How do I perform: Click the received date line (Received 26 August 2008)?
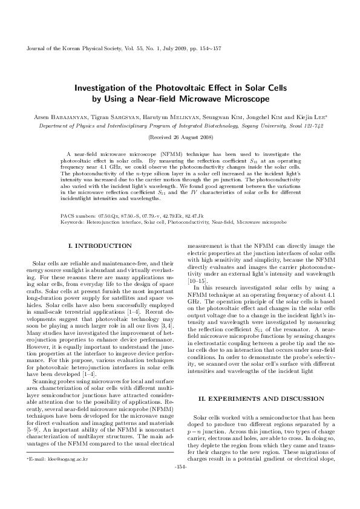pos(180,138)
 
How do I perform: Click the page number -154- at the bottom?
pos(180,484)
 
